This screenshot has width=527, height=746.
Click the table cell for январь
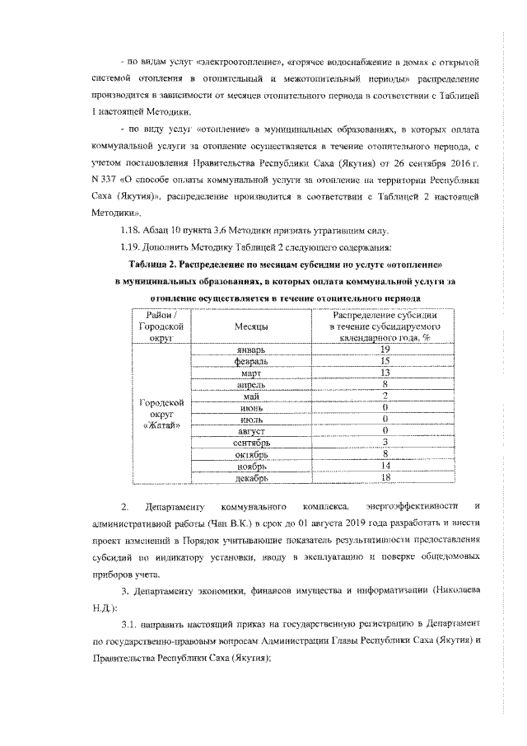(x=248, y=350)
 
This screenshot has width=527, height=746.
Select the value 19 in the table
(x=385, y=350)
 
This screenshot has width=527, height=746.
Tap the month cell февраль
(x=248, y=361)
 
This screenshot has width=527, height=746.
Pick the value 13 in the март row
(x=385, y=373)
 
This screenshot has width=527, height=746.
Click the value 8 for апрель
(x=385, y=384)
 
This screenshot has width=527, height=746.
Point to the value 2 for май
(x=385, y=396)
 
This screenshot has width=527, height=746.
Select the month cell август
(x=248, y=430)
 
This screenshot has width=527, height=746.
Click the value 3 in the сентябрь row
(x=385, y=442)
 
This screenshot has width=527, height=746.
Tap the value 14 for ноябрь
(x=385, y=465)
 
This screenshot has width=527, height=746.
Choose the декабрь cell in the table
(x=248, y=476)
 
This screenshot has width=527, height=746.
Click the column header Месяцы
(x=248, y=326)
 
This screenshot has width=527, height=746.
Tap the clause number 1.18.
(x=133, y=229)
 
